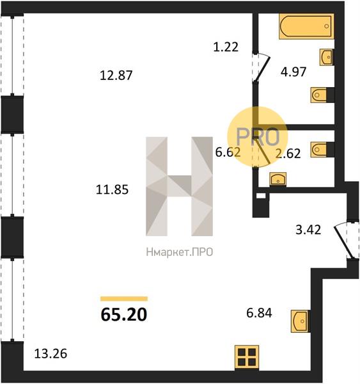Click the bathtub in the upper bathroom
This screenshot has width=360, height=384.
tap(306, 26)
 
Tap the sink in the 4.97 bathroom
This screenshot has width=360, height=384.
tap(326, 57)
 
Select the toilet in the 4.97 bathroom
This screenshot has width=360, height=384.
tap(318, 95)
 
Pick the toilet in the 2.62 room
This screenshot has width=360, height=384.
tap(318, 149)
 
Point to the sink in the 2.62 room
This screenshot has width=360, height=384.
tap(278, 179)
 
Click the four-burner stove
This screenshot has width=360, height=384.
tap(247, 357)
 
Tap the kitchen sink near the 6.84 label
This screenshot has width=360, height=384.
tap(301, 321)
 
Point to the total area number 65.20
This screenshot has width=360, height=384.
tap(124, 314)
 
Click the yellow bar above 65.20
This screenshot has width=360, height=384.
tap(124, 298)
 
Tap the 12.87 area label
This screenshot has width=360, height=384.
tap(116, 75)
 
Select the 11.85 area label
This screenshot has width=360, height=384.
tap(112, 189)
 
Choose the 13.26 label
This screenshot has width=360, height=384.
tap(51, 354)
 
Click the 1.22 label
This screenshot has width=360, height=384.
tap(226, 47)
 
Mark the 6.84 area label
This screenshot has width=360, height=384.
tap(259, 313)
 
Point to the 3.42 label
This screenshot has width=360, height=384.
tap(308, 230)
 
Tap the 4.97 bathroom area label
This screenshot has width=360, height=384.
tap(293, 72)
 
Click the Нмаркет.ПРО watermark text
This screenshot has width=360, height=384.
tap(180, 252)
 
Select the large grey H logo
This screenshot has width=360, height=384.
tap(179, 186)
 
